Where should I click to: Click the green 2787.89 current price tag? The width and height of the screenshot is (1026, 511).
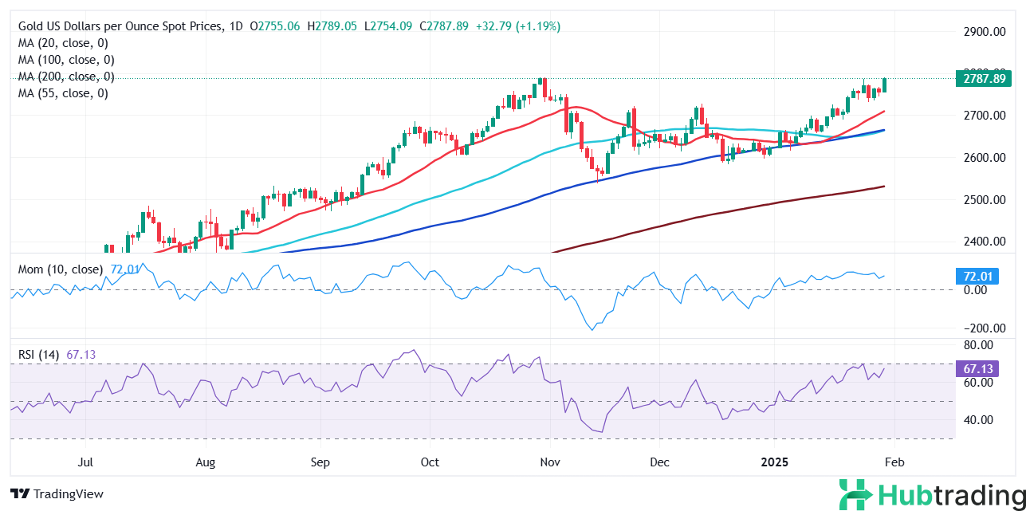(982, 78)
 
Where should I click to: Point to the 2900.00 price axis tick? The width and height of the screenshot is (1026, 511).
(982, 32)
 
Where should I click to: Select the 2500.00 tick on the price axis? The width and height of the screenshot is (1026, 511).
(982, 199)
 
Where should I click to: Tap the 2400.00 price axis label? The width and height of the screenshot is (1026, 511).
(982, 241)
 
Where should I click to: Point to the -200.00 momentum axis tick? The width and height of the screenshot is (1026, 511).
(981, 328)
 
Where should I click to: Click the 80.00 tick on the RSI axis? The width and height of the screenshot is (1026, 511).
(978, 345)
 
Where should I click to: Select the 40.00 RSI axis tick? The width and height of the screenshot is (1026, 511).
(978, 420)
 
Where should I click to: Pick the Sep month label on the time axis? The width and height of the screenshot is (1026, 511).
(320, 462)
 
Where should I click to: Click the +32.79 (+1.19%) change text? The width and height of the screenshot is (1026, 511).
(517, 26)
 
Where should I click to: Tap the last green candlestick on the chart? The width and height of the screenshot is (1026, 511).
(886, 85)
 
